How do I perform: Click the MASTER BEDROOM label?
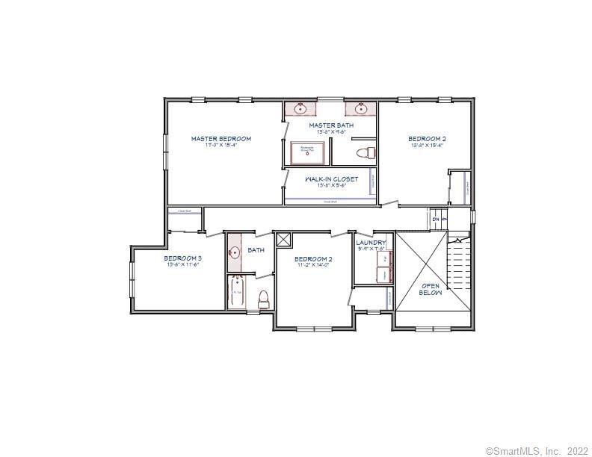click(x=221, y=139)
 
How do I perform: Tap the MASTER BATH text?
click(x=330, y=125)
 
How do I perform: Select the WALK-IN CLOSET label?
click(x=331, y=179)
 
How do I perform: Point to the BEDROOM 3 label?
click(x=183, y=258)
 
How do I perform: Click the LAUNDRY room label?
click(x=371, y=243)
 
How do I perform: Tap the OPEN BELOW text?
click(x=431, y=289)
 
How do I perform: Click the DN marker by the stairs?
click(x=436, y=220)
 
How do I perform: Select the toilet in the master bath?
click(x=365, y=154)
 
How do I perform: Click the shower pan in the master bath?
click(x=307, y=152)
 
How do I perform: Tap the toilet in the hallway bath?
click(x=263, y=300)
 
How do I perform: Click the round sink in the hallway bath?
click(x=234, y=252)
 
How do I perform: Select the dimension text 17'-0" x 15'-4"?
click(x=221, y=146)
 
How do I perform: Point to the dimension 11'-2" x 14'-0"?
click(x=313, y=265)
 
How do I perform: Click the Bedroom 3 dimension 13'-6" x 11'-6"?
click(x=183, y=265)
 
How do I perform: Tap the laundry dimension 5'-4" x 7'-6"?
click(x=371, y=249)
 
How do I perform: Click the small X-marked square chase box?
click(x=283, y=239)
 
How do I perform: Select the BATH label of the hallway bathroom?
click(x=256, y=250)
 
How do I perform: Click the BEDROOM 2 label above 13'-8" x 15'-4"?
click(x=427, y=139)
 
